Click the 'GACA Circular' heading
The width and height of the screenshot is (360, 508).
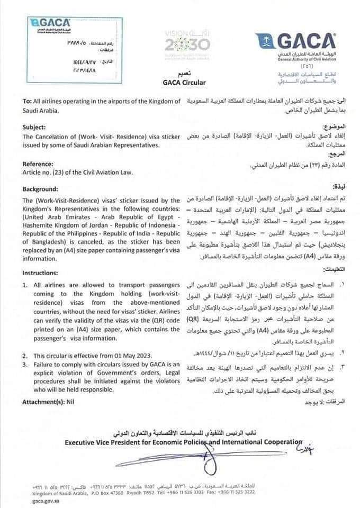coord(180,83)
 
